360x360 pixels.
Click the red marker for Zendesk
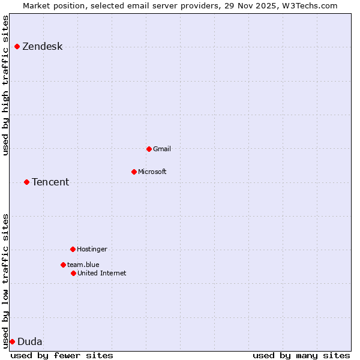[17, 46]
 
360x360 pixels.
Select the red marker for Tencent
[26, 182]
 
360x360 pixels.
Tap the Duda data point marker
[12, 341]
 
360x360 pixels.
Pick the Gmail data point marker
[149, 149]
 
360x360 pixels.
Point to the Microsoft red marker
[134, 172]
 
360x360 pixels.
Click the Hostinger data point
[73, 249]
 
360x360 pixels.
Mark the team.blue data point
[63, 265]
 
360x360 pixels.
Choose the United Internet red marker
[73, 273]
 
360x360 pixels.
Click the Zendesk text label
[42, 47]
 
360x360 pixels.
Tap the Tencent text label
[50, 182]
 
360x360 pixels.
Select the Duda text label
[30, 342]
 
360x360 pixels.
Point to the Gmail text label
[162, 149]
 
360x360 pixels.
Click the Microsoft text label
[152, 172]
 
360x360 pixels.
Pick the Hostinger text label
[92, 249]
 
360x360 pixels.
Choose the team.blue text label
[83, 265]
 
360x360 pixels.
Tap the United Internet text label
[102, 273]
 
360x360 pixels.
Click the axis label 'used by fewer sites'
[62, 355]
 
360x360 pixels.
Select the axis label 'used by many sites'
[301, 355]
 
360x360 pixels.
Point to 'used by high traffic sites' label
[6, 85]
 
